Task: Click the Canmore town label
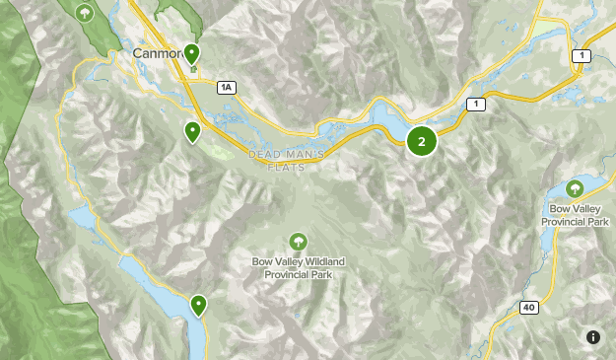point(155,52)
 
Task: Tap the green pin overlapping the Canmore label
point(191,53)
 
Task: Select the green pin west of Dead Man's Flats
point(193,130)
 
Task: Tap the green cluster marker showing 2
point(422,141)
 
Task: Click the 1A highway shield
point(227,88)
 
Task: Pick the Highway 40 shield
point(530,309)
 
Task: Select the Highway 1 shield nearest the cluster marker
point(478,105)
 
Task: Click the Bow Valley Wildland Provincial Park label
point(298,266)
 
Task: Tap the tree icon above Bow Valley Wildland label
point(298,241)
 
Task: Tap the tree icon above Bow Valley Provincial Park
point(575,188)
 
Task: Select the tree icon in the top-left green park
point(86,13)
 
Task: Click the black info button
point(593,337)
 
